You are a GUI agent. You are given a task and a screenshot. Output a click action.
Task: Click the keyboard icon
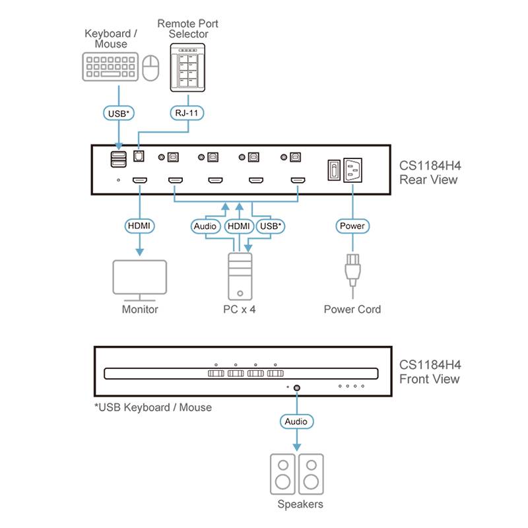point(111,67)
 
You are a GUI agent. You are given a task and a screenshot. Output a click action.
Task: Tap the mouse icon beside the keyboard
point(151,67)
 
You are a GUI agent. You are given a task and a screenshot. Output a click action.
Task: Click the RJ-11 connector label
point(185,113)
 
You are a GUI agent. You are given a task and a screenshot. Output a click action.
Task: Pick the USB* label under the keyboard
point(119,113)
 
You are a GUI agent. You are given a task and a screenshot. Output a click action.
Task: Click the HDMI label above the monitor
point(140,226)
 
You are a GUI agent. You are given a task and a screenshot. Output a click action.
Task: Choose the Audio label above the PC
point(205,226)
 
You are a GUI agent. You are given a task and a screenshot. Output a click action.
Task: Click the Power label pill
point(352,226)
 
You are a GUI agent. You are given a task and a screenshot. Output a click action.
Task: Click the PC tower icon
point(240,277)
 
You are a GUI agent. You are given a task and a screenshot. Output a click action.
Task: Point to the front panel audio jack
point(297,388)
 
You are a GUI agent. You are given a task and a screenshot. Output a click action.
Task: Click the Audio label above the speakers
point(296,421)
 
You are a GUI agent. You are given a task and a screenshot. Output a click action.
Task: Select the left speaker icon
point(282,473)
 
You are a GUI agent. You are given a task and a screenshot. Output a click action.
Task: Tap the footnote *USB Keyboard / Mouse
point(153,407)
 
